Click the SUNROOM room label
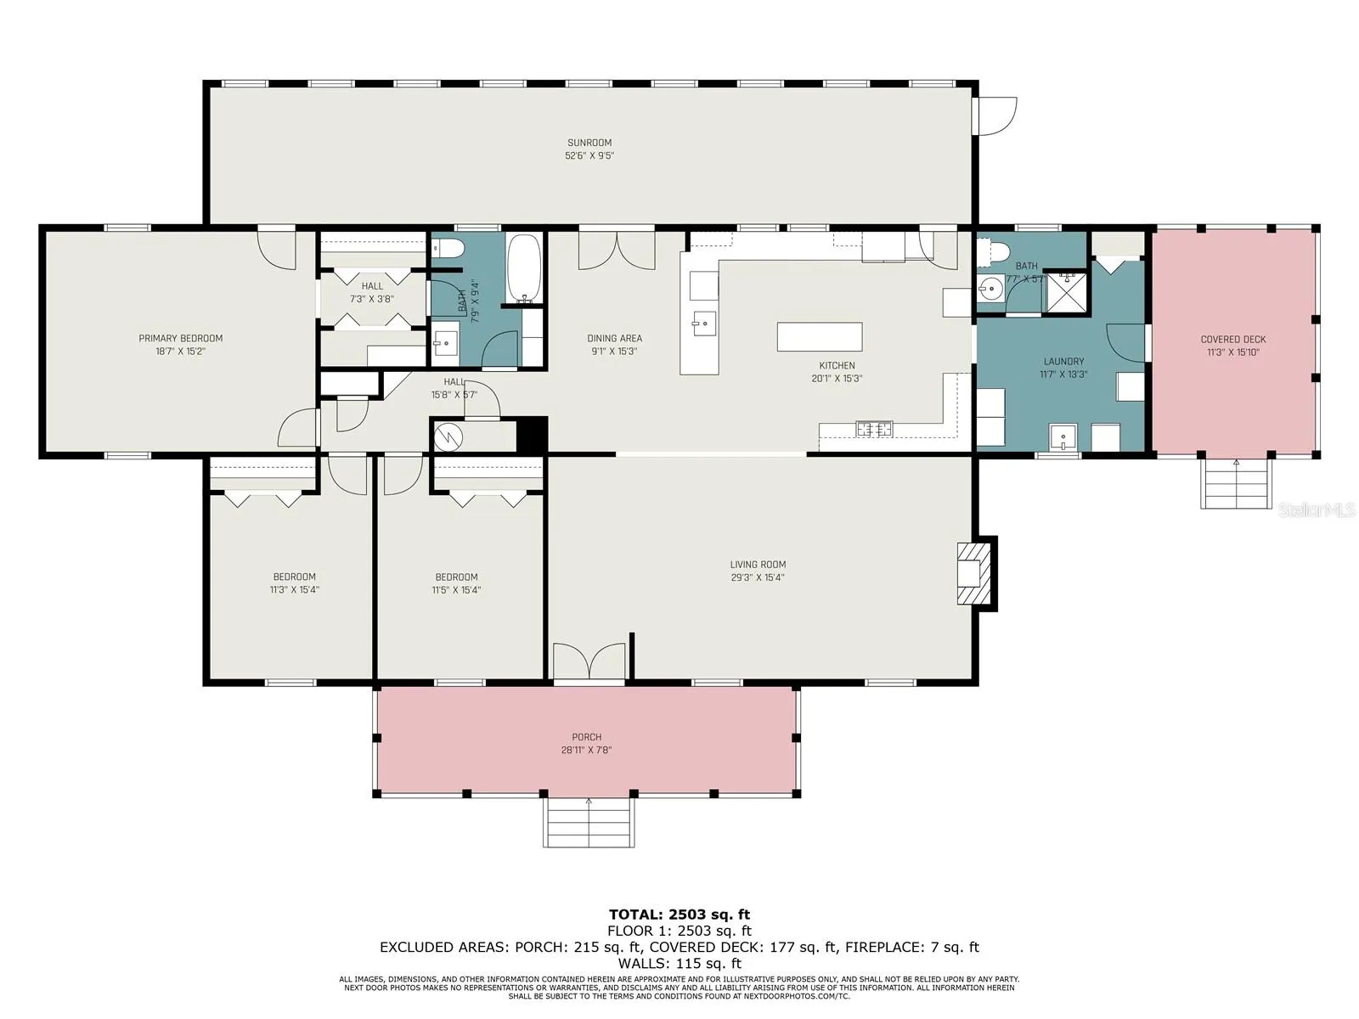click(x=589, y=143)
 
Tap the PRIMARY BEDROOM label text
click(x=180, y=339)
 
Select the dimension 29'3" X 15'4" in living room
click(x=757, y=577)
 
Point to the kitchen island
click(x=819, y=336)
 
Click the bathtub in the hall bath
click(x=524, y=269)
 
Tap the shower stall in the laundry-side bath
click(x=1066, y=292)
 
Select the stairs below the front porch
click(x=588, y=822)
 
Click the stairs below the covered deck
click(x=1236, y=484)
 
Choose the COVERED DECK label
click(x=1232, y=339)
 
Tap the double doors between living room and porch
click(x=589, y=662)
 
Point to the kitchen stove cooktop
click(x=874, y=428)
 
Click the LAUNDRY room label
click(x=1063, y=362)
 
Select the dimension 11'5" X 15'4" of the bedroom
click(x=456, y=589)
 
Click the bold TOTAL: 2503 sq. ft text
click(x=679, y=915)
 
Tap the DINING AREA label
click(x=614, y=339)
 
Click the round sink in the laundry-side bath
click(x=990, y=288)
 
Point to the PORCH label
click(x=586, y=737)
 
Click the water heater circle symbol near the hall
click(x=448, y=436)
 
